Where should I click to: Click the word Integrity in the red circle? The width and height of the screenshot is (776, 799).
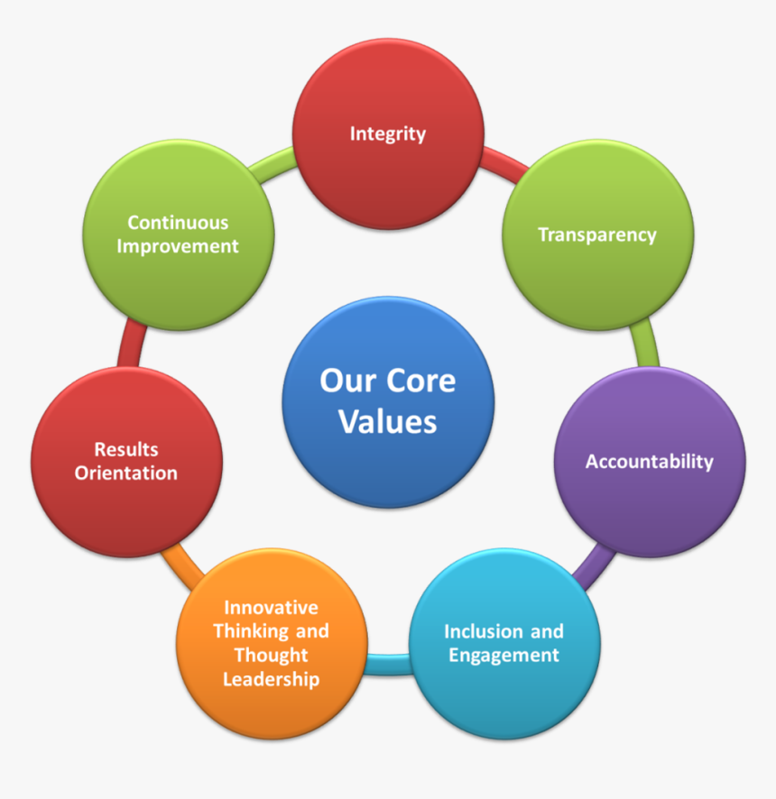(387, 134)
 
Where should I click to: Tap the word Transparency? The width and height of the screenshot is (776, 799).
(597, 235)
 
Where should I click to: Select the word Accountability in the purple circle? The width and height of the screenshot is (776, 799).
(649, 463)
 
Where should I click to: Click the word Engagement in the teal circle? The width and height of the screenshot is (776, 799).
(503, 656)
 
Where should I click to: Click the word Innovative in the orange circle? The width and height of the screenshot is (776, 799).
(271, 608)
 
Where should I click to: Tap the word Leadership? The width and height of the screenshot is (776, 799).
(272, 679)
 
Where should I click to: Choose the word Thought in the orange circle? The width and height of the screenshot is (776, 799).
(271, 656)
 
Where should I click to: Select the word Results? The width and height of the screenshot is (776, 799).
(126, 449)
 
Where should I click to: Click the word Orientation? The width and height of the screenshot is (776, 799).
(126, 473)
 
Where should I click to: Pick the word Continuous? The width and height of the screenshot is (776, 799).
(178, 223)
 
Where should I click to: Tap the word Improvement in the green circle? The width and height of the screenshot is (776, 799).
(178, 246)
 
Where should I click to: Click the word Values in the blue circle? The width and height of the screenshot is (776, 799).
(387, 422)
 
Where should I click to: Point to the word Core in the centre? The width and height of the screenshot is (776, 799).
(420, 381)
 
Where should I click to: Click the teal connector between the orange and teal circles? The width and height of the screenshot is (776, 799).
(388, 665)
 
